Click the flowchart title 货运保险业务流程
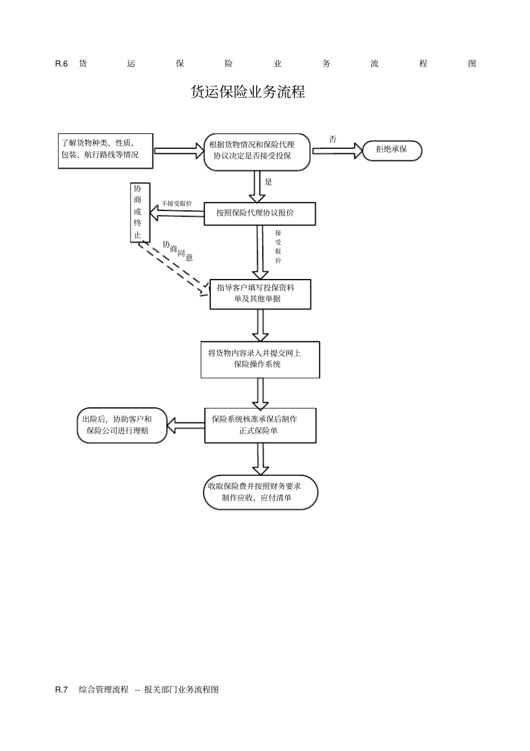coord(248,92)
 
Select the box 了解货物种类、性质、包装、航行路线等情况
coord(105,151)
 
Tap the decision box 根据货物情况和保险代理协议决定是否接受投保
coord(257,151)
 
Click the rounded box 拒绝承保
coord(392,150)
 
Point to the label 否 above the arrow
coord(333,139)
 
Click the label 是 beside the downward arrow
coord(268,182)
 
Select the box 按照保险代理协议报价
coord(259,214)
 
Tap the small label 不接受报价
coord(177,204)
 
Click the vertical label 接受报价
coord(278,247)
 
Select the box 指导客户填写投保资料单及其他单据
coord(260,293)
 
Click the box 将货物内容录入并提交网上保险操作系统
coord(260,359)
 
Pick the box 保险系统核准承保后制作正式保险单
coord(260,425)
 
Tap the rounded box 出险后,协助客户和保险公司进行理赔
coord(122,425)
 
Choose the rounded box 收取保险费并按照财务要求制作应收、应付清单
coord(260,492)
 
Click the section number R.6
coord(61,64)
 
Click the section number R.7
coord(61,690)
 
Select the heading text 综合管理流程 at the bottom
coord(104,690)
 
